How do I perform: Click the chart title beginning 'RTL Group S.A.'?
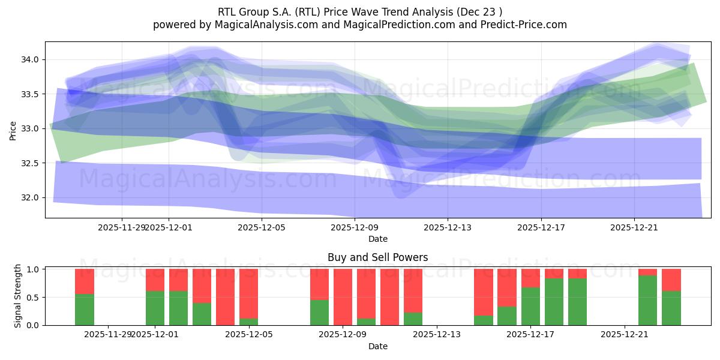tap(360, 11)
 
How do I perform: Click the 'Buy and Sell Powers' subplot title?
tap(377, 257)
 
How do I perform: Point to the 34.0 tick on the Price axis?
tap(29, 59)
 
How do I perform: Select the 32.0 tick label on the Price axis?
tap(29, 197)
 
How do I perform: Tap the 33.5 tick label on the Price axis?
tap(29, 94)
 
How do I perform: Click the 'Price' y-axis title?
tap(13, 130)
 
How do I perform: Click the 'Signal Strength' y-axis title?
tap(18, 296)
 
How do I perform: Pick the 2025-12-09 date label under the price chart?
tap(355, 227)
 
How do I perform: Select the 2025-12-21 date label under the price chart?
tap(634, 227)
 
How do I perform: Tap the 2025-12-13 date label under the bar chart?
tap(436, 334)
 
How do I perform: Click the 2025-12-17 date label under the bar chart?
tap(530, 334)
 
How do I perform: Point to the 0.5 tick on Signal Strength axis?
tap(34, 297)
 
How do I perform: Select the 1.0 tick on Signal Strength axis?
tap(34, 269)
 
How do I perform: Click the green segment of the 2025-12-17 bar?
tap(530, 307)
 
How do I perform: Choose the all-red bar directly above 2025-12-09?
tap(343, 297)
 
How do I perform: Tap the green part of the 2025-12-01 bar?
tap(155, 308)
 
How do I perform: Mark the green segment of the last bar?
tap(671, 308)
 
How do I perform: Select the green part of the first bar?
tap(85, 310)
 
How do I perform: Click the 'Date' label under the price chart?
tap(377, 239)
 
